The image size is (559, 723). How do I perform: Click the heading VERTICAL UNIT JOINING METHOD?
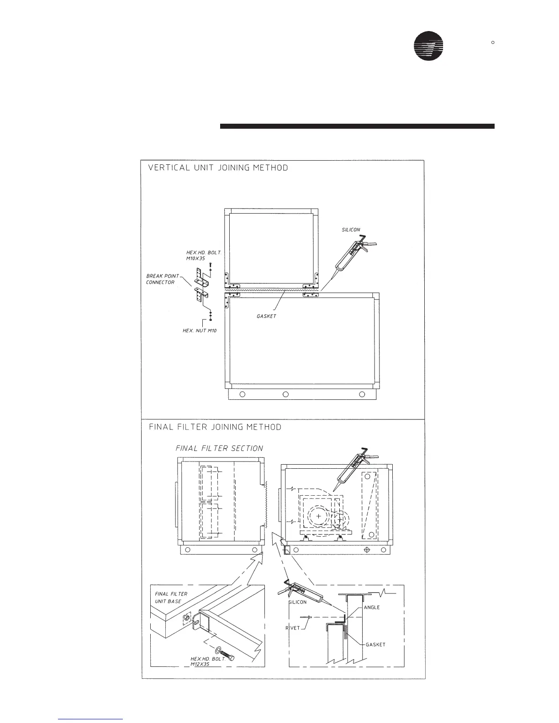218,168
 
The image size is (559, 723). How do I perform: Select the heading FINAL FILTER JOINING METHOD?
215,427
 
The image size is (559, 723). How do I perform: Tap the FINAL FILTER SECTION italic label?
219,448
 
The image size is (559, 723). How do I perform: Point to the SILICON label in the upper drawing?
351,230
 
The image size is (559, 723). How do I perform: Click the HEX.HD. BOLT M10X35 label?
203,255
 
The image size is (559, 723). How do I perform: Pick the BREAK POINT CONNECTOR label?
162,279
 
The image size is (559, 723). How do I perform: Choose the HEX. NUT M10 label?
199,330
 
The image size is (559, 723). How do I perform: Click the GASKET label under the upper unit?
266,316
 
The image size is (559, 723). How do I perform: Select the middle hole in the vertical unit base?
285,394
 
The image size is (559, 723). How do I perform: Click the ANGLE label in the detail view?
372,608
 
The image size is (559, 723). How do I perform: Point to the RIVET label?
293,628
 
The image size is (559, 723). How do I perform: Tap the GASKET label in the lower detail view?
375,644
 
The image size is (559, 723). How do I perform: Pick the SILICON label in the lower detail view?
297,602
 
